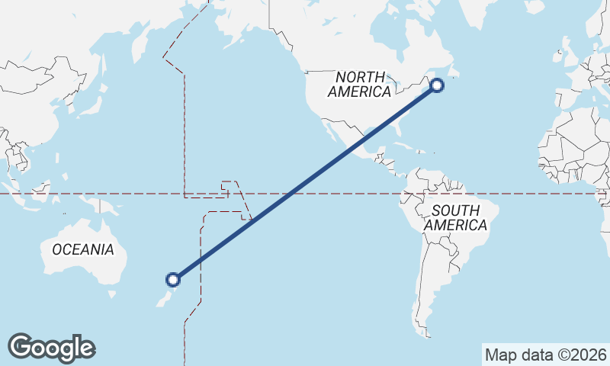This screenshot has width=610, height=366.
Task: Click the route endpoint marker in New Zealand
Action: coord(174,279)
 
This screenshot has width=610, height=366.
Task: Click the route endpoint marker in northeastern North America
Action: coord(437,85)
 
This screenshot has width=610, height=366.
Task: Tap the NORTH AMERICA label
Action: coord(359,84)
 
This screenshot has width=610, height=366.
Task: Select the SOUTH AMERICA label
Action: coord(456,217)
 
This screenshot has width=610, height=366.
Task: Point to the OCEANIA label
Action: coord(83,249)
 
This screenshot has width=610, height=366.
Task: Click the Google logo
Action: coord(51,348)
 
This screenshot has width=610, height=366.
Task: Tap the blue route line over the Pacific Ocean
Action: coord(290,194)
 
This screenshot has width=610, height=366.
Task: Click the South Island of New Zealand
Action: coord(163,298)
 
